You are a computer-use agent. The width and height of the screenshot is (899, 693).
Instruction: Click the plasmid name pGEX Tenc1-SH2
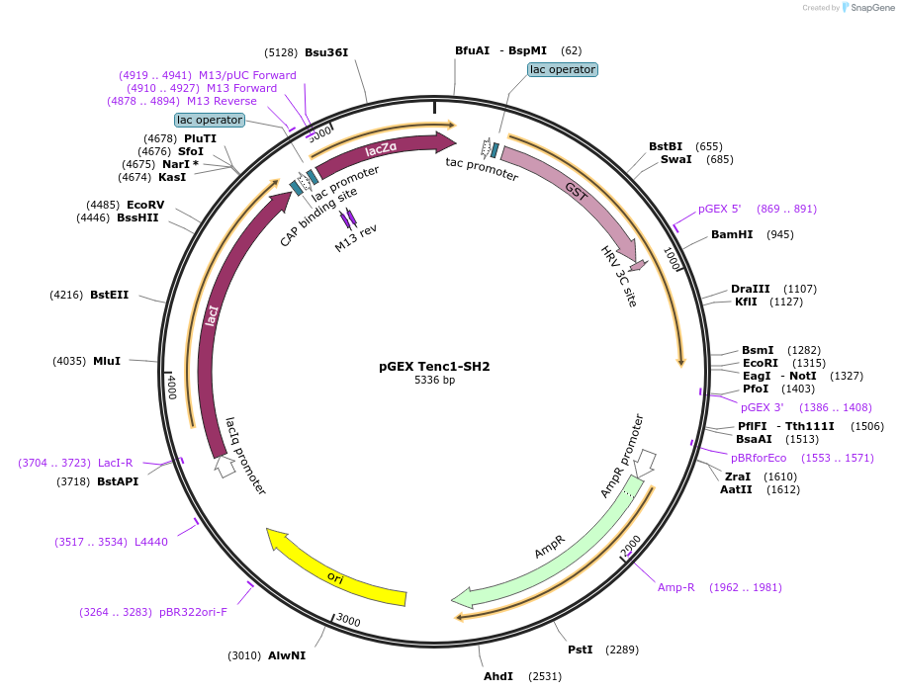tap(434, 366)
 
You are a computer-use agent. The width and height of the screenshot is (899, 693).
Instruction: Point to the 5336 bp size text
tap(434, 380)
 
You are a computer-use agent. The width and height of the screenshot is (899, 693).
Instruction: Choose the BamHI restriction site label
tap(732, 234)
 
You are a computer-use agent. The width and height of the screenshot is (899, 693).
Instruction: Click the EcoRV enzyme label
tap(145, 205)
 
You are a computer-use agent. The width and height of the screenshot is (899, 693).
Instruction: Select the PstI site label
tap(580, 650)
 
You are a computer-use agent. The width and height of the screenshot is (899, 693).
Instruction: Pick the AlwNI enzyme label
tap(287, 655)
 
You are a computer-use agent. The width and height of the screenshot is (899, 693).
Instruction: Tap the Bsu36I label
tap(326, 52)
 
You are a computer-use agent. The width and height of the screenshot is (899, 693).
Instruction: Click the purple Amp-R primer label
tap(676, 587)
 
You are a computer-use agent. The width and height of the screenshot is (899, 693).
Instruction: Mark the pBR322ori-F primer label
tap(193, 612)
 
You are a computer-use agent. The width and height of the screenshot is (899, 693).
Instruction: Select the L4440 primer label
tap(151, 542)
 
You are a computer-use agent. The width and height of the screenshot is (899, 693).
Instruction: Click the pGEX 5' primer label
tap(720, 209)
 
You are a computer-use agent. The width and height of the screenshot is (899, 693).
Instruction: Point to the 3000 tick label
tap(347, 620)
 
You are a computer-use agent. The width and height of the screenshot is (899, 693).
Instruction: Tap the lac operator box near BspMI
tap(562, 69)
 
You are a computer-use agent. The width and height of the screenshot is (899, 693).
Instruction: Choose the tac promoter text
tap(482, 169)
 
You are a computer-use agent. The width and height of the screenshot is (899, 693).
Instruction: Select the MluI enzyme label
tap(107, 361)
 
